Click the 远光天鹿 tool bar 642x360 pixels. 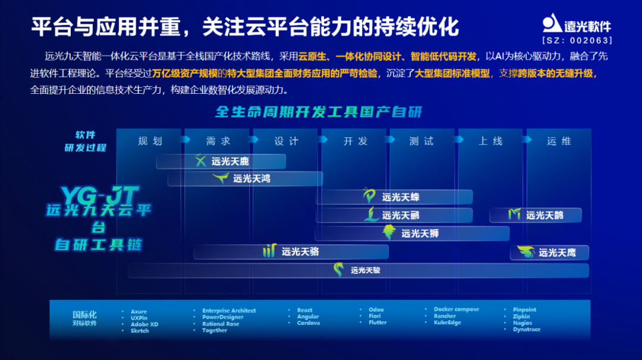221,161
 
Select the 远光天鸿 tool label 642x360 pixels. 251,178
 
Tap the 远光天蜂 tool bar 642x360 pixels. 394,197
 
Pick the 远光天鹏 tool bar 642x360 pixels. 394,215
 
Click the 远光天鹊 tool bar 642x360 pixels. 536,215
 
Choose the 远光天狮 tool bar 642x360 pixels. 413,233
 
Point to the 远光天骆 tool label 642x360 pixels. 300,252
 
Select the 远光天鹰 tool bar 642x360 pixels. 549,252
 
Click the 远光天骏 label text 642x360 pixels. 366,270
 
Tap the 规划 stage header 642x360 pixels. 150,141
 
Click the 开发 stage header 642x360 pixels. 355,141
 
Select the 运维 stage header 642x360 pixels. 559,141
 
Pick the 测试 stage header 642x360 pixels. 421,141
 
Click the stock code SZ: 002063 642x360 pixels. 577,41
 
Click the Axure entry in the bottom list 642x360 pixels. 139,311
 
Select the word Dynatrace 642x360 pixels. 527,330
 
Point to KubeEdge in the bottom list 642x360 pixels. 447,323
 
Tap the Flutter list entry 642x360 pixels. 377,323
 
